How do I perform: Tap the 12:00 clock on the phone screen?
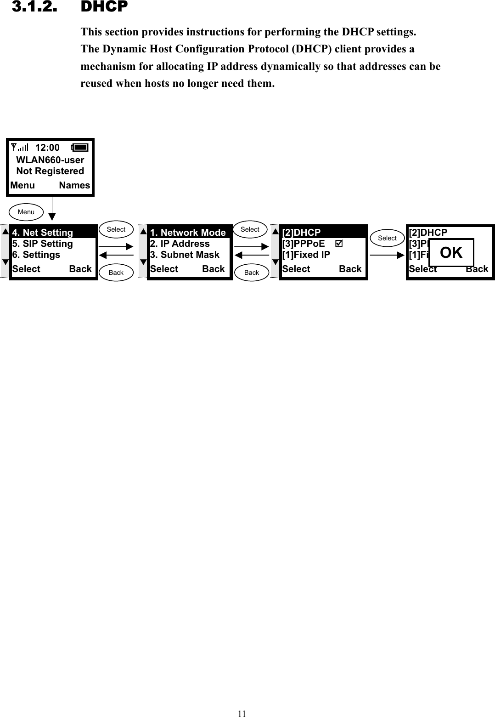click(47, 148)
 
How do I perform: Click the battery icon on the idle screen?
click(80, 148)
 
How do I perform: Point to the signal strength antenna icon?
click(19, 148)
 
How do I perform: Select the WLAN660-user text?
click(50, 160)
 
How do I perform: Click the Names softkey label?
click(74, 185)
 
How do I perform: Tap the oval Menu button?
click(26, 212)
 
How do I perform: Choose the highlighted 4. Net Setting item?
click(43, 233)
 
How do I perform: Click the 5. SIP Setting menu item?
click(43, 244)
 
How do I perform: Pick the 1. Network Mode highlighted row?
click(188, 233)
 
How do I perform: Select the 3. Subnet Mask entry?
click(185, 255)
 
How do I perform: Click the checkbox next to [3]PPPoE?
click(339, 244)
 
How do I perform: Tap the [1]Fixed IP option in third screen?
click(306, 255)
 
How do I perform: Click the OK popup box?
click(451, 252)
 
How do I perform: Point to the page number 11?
click(242, 713)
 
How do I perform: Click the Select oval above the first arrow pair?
click(116, 229)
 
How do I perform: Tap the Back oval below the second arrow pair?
click(252, 273)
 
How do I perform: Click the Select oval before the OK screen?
click(387, 238)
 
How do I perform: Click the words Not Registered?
click(50, 171)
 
